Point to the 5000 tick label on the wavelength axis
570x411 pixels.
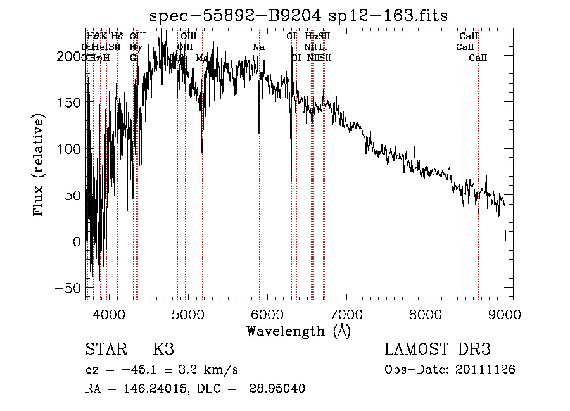click(187, 314)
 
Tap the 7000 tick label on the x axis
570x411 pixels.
click(346, 314)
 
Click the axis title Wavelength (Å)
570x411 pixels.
click(298, 331)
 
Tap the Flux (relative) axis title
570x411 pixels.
click(39, 165)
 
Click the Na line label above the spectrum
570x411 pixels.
click(258, 47)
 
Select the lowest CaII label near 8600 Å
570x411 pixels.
click(478, 58)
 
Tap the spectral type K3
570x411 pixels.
click(163, 349)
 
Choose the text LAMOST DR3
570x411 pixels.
click(438, 349)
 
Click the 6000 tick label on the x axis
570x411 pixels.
click(267, 314)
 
